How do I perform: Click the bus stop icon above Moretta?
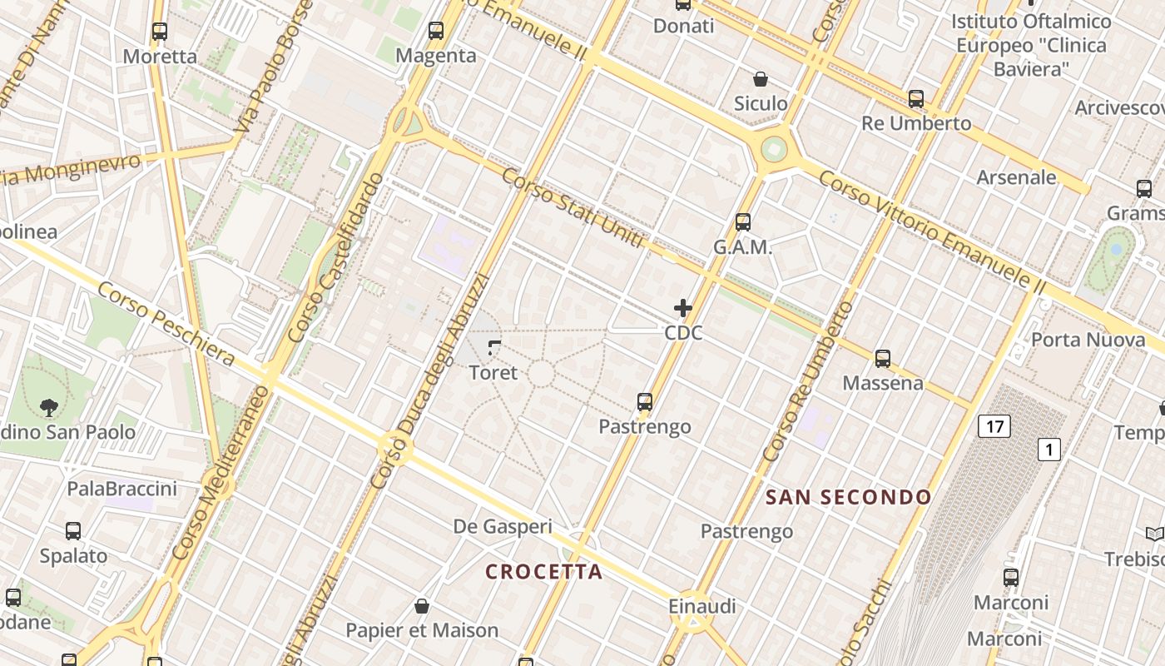(160, 32)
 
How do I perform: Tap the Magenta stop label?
(436, 56)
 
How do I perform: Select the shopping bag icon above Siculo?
(761, 79)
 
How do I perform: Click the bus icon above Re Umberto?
(916, 99)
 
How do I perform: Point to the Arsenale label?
(1016, 177)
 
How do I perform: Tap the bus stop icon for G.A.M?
(743, 222)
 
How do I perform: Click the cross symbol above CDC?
(683, 308)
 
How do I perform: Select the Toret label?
(493, 372)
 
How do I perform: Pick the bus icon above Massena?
(883, 359)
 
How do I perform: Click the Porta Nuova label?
(1088, 340)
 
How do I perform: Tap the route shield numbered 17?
(994, 427)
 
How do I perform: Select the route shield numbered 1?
(1049, 450)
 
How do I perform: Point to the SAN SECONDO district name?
(848, 498)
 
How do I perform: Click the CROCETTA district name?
(543, 572)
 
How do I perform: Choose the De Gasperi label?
(503, 526)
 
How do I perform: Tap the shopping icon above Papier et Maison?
(422, 605)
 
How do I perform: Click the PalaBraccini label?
(122, 489)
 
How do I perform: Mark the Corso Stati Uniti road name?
(573, 207)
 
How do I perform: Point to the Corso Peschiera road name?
(166, 324)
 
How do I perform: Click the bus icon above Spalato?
(73, 531)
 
